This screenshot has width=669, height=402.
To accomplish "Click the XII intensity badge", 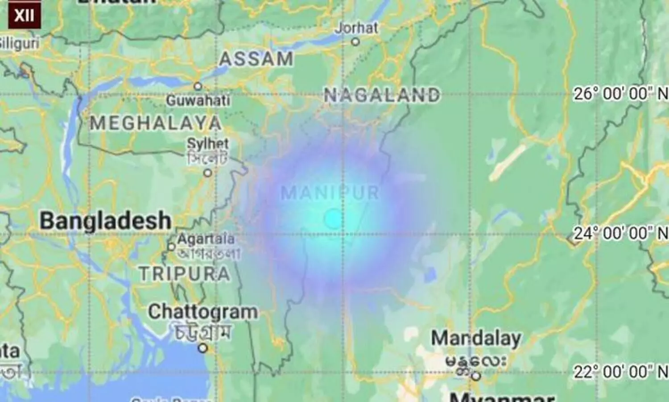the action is [24, 15].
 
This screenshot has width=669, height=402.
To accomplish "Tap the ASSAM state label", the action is [256, 59].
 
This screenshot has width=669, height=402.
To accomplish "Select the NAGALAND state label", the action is [382, 95].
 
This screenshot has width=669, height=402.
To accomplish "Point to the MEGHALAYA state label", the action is [156, 123].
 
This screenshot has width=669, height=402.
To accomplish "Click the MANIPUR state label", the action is [330, 193].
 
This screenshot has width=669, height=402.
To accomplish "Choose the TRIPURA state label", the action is [185, 273].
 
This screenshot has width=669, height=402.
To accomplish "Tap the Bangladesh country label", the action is [106, 221].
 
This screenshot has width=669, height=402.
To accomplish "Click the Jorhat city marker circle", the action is [355, 42].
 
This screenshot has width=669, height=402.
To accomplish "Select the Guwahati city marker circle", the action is [198, 86].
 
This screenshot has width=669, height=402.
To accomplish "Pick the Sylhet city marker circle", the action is [208, 173].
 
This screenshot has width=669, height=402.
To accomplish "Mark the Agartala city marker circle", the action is [171, 247].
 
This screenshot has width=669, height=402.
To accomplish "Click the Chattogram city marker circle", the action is [203, 348].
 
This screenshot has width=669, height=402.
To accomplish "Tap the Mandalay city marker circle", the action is [476, 376].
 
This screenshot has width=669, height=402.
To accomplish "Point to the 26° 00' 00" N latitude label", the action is [620, 94].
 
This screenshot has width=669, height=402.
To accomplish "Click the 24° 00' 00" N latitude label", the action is [620, 233].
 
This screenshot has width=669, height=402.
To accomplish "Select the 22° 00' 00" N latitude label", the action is [620, 372].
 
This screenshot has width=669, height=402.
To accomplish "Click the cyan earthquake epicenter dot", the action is [333, 219].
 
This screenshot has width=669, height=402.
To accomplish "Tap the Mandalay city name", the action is [476, 339].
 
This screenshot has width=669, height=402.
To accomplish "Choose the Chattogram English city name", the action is [202, 312].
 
